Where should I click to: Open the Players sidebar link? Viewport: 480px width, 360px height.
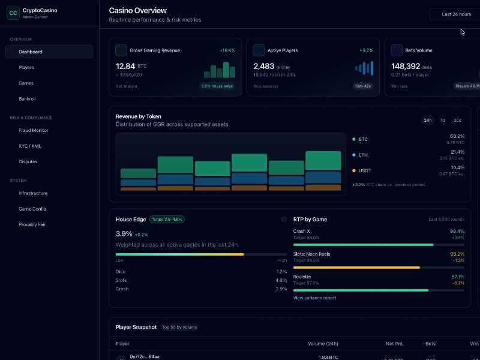pos(26,67)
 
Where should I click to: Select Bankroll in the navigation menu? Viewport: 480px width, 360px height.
pos(28,98)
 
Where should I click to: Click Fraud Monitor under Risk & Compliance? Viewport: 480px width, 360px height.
pos(34,130)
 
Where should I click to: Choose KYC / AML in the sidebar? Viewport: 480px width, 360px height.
pos(29,146)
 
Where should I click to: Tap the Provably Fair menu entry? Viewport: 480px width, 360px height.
pos(32,224)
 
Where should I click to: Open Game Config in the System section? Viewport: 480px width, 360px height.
pos(32,209)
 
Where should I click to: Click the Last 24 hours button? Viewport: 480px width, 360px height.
pos(456,14)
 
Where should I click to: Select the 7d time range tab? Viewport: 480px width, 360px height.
pos(443,120)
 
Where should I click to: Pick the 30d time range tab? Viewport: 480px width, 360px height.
pos(457,120)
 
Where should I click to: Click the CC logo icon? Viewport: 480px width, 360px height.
pos(13,13)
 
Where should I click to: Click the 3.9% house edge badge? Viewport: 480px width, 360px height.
pos(217,86)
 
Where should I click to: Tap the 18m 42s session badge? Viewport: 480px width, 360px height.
pos(362,86)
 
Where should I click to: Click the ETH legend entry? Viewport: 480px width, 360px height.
pos(362,155)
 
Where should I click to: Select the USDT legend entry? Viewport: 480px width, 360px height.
pos(364,170)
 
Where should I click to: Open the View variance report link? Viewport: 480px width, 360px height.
pos(314,298)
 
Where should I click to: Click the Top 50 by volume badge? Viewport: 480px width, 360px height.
pos(179,327)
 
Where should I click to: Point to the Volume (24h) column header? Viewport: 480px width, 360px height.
pos(323,344)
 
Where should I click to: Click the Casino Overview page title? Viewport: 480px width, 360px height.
pos(138,10)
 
